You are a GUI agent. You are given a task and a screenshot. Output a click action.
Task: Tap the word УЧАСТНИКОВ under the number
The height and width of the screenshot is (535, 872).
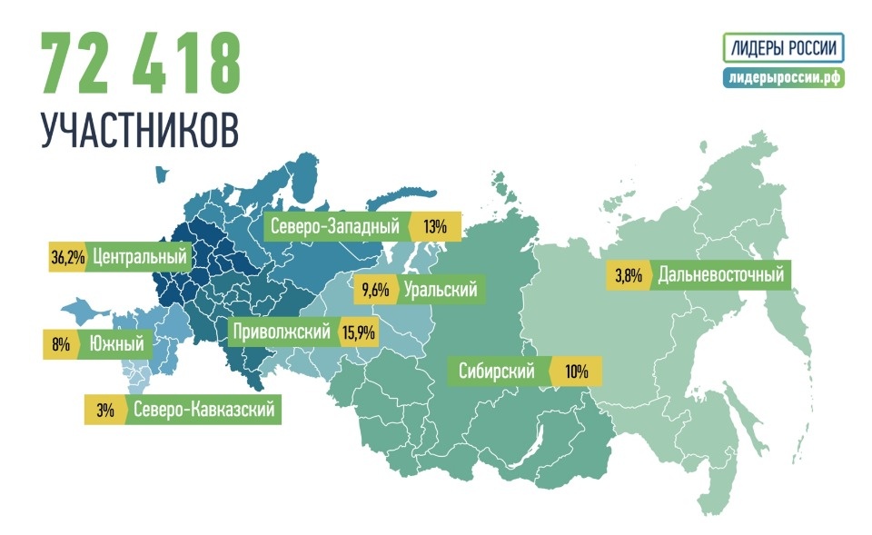(140, 130)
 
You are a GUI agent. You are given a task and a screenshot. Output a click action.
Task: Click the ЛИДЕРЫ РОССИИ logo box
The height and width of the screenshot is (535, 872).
(784, 47)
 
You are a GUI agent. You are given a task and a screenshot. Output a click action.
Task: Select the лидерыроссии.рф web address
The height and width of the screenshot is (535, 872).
(784, 78)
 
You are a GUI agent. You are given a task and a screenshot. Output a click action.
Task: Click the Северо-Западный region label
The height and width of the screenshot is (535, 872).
(334, 226)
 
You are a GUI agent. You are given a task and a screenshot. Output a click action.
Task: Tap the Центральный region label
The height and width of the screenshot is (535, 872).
(140, 257)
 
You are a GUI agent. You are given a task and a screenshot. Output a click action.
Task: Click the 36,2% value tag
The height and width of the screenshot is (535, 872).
(68, 257)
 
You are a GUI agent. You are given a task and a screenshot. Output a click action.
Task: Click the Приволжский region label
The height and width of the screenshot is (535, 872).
(281, 332)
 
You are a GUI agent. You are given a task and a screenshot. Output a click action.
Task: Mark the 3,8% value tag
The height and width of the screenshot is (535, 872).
(629, 273)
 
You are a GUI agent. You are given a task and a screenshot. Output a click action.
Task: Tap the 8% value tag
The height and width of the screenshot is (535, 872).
(59, 344)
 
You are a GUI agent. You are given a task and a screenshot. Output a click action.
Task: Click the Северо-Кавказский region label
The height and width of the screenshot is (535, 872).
(203, 410)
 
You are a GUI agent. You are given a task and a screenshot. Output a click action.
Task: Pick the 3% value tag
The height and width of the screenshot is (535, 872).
(104, 410)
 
